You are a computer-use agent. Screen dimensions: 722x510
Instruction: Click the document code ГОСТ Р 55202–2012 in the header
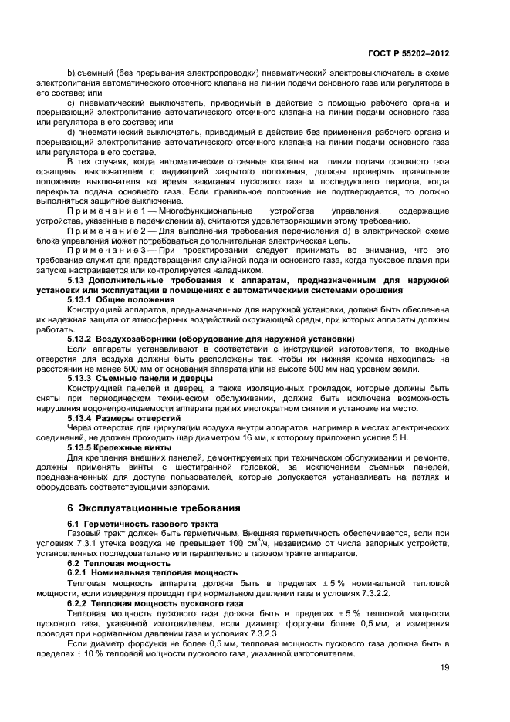(408, 54)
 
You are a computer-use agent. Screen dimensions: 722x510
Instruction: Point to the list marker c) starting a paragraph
(71, 102)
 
